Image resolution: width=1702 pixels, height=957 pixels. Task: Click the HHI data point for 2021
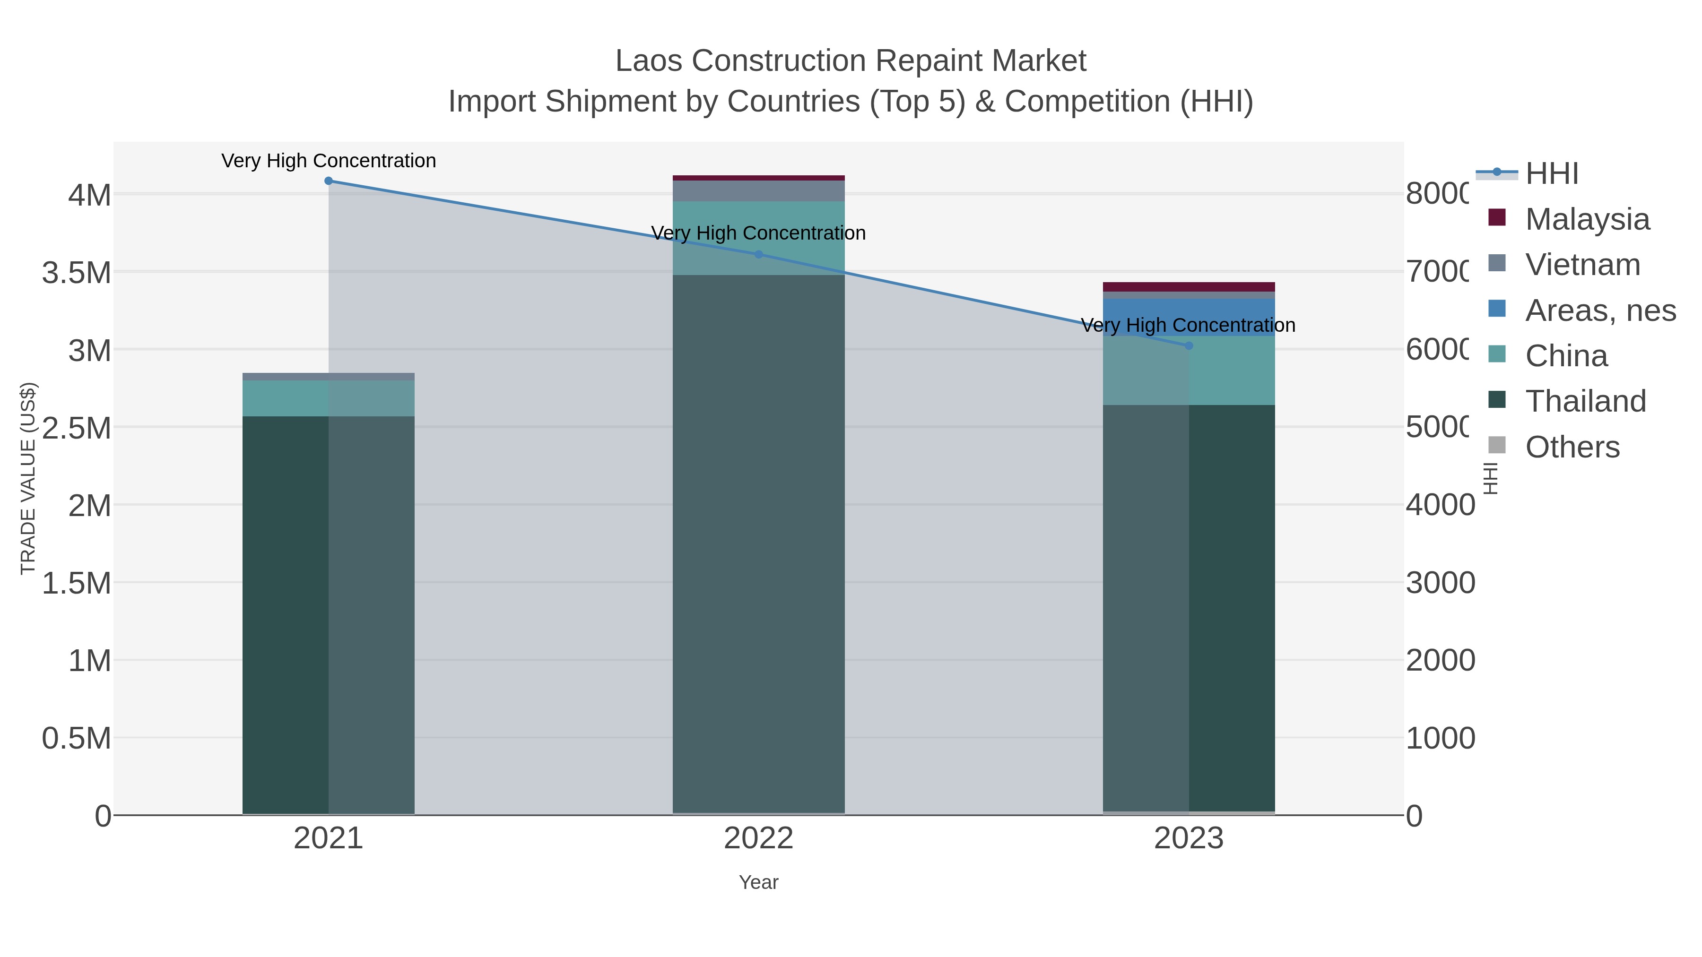[329, 181]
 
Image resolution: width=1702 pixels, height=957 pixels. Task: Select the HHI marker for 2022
[758, 254]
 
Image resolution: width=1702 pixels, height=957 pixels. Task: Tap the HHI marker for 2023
[1189, 345]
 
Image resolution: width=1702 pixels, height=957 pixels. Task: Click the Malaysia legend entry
[1587, 219]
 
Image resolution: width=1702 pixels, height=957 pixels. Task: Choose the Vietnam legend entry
[1582, 265]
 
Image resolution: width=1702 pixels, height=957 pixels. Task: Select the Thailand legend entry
[1585, 402]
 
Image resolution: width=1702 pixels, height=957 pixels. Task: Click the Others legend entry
[1572, 447]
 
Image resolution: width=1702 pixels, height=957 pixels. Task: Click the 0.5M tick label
[77, 738]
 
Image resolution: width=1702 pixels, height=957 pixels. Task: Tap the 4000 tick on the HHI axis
[1440, 505]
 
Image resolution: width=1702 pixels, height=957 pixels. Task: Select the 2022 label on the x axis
[758, 839]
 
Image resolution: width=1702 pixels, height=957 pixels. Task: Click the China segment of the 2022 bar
[758, 218]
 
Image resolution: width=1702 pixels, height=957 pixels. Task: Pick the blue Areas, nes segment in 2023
[1189, 317]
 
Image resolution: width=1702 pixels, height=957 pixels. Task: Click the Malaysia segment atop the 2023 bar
[1189, 287]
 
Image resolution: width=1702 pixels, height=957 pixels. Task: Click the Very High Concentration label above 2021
[329, 161]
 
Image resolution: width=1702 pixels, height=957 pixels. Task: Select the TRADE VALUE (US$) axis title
[28, 478]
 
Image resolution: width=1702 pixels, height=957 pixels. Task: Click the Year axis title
[758, 882]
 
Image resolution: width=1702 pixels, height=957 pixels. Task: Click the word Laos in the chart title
[648, 61]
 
